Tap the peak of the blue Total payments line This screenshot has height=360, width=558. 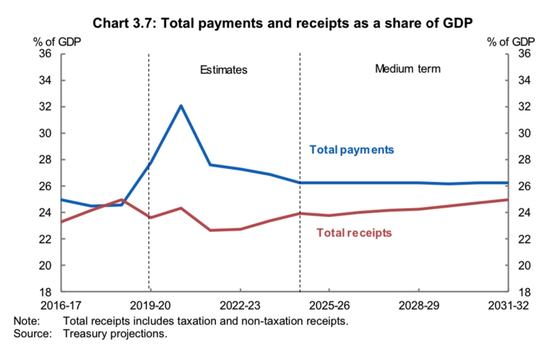[180, 106]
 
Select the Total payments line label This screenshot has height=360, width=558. [351, 150]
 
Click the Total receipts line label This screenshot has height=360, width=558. [354, 233]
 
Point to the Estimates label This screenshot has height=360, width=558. [224, 70]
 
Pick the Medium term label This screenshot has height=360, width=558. [407, 68]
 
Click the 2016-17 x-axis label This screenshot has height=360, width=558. [61, 305]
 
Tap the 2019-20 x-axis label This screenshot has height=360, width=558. [151, 305]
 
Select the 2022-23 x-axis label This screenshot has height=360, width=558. [240, 305]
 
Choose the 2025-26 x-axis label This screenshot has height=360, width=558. [329, 305]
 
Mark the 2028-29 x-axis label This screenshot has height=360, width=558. [419, 305]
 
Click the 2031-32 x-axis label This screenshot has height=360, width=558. [506, 305]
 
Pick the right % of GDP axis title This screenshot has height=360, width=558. [511, 42]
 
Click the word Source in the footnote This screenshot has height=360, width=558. [32, 333]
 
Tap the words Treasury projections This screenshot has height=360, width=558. [115, 333]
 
